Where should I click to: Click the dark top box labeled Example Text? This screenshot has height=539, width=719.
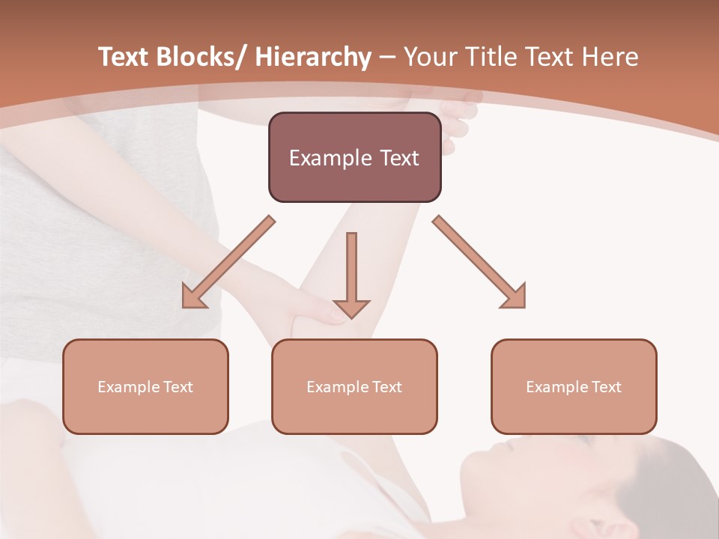[x=354, y=157]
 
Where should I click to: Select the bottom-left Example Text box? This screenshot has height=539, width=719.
[x=145, y=386]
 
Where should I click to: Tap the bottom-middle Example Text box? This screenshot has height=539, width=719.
[x=354, y=386]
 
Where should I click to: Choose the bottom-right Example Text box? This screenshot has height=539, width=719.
[x=574, y=386]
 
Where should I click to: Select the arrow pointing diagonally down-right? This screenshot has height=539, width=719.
[x=479, y=262]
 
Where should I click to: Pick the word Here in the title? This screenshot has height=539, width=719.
[x=611, y=57]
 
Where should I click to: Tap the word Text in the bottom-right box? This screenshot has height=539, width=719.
[x=607, y=386]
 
